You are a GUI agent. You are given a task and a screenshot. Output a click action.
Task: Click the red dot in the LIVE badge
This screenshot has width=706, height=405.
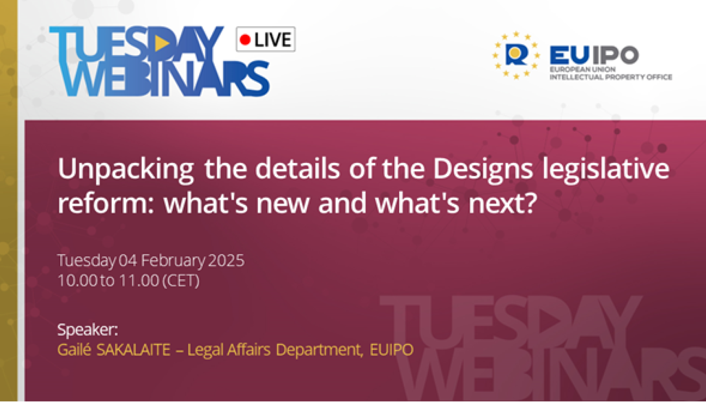point(245,40)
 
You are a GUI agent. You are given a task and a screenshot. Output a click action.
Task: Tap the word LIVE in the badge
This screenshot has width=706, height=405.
point(273,40)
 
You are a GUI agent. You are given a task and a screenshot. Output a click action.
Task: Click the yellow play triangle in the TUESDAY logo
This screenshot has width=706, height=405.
point(162,43)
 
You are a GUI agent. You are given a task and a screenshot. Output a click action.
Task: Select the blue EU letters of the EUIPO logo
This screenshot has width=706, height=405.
point(570,55)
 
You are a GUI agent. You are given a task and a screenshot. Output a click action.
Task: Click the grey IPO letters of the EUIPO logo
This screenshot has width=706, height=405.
point(616,55)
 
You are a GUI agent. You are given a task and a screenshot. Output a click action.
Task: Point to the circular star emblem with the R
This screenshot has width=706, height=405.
point(516,55)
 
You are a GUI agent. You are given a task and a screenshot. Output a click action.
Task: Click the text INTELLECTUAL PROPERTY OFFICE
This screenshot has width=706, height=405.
point(611,77)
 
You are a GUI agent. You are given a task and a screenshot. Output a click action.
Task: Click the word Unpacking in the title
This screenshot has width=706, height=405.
point(126,170)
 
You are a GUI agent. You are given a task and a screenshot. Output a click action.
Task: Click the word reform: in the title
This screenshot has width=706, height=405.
point(106,203)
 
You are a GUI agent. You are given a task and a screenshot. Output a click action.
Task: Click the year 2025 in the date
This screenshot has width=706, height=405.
point(226,260)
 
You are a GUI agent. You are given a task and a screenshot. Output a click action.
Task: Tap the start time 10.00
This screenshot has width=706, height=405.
point(78,280)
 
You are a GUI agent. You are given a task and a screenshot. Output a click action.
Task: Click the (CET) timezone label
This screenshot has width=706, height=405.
point(181,281)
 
